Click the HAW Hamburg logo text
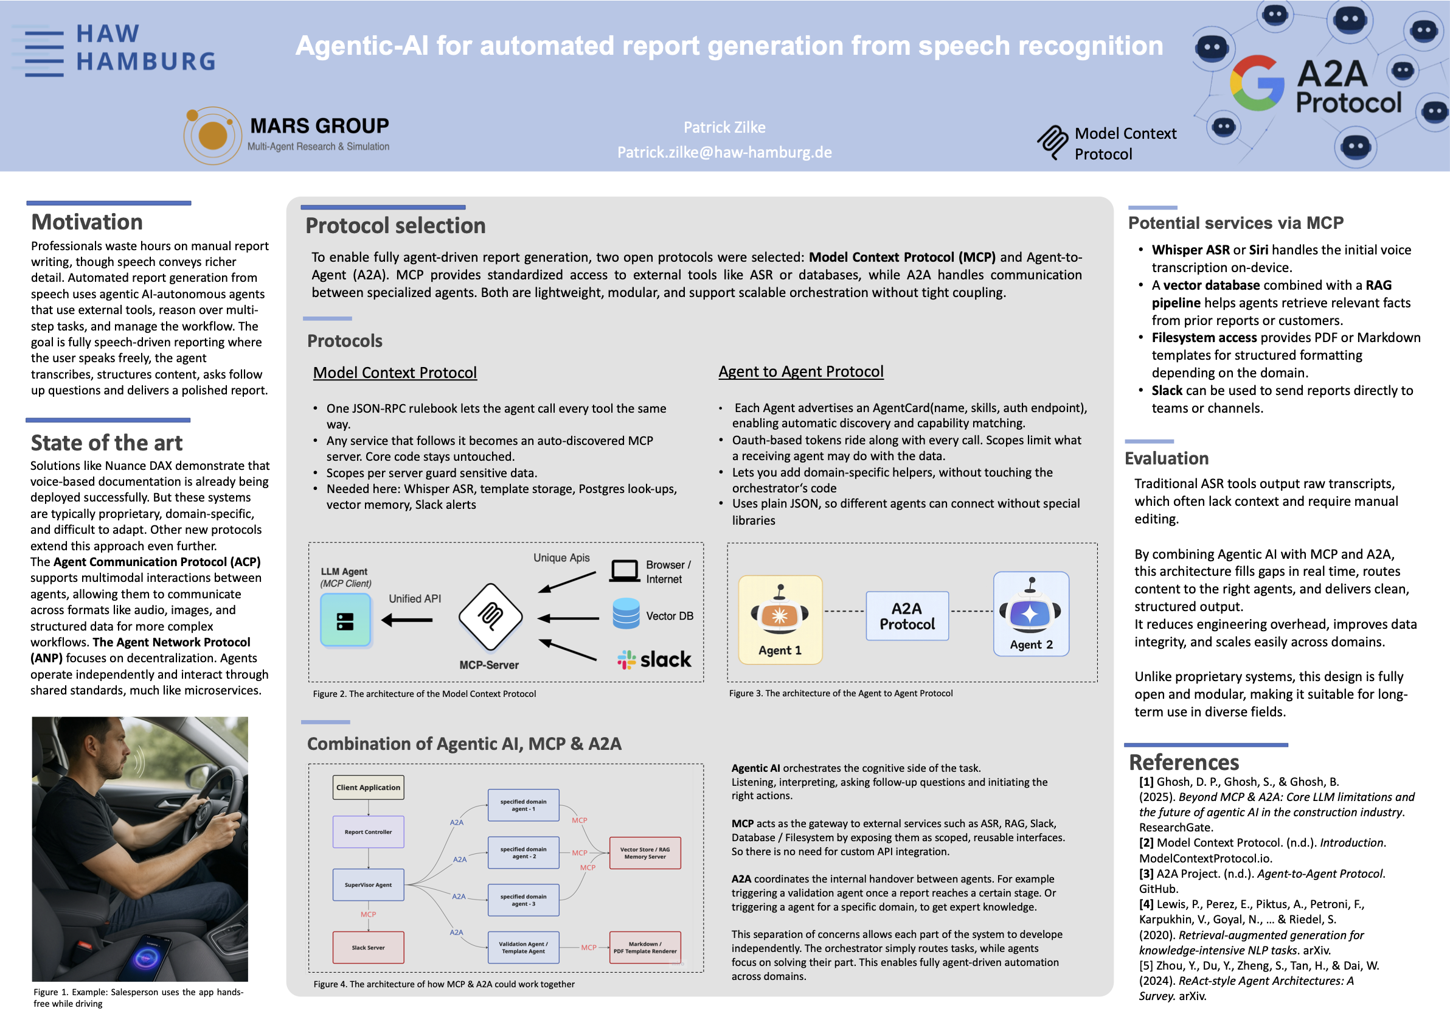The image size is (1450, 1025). (146, 47)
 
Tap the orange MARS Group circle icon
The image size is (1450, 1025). (212, 135)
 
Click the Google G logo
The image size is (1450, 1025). (1257, 83)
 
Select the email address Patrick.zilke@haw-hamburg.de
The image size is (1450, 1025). (724, 152)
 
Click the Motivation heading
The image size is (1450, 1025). (87, 222)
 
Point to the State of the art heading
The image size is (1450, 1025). (106, 443)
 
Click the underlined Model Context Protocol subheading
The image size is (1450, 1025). (395, 373)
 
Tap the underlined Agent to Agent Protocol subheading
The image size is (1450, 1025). (801, 371)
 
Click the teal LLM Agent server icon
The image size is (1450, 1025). (345, 621)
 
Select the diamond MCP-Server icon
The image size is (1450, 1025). (491, 617)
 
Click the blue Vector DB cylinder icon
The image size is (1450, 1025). (626, 614)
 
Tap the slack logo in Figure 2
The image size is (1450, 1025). (654, 659)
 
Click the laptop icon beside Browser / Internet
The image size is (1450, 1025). (625, 571)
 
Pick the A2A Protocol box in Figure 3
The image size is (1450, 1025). (907, 616)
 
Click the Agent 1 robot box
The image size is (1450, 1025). (780, 619)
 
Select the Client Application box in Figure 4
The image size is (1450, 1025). (368, 788)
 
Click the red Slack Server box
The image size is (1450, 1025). (368, 947)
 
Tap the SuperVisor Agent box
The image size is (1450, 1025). (368, 885)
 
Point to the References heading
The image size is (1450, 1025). (1184, 762)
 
